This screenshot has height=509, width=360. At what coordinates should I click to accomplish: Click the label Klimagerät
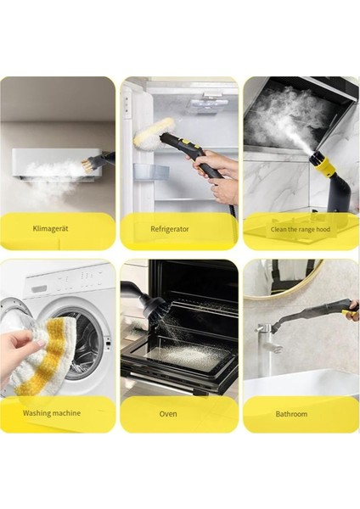tap(57, 229)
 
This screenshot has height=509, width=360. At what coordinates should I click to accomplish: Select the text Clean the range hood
tap(300, 229)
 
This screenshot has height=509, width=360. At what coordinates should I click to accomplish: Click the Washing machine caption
tap(52, 413)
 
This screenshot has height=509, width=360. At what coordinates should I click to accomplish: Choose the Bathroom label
tap(291, 413)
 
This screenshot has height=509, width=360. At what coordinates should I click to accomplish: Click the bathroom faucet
tap(270, 344)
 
